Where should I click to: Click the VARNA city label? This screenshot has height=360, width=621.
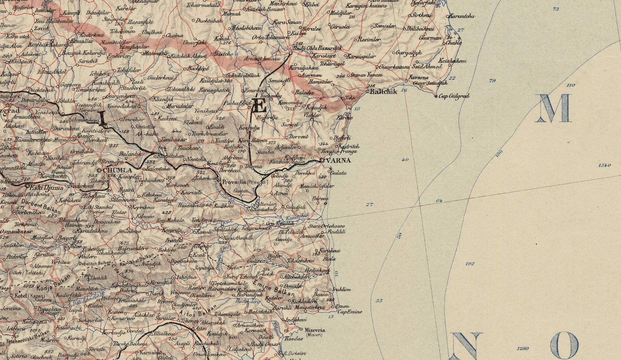coord(339,160)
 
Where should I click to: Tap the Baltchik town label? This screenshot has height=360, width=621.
coord(383,92)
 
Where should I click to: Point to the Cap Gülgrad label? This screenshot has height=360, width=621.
coord(454,96)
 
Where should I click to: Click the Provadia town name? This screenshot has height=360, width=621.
coord(234,182)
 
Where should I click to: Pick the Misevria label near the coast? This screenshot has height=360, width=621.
coord(316,330)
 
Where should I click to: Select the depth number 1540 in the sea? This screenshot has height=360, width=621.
coord(604,166)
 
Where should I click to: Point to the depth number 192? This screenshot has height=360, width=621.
coord(470,264)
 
